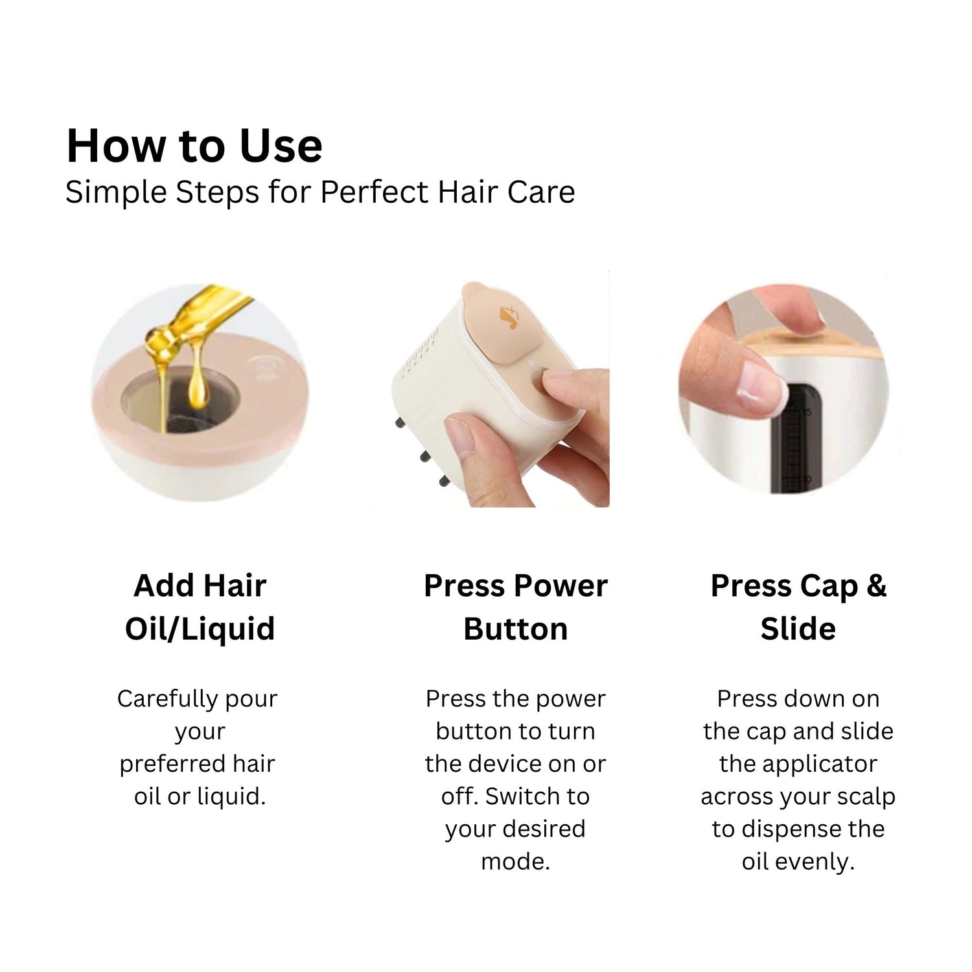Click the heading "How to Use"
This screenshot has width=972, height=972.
coord(194,146)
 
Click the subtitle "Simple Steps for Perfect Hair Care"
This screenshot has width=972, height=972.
coord(320,192)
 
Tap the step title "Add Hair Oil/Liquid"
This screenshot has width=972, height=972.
coord(200,607)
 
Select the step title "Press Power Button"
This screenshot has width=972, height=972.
coord(515,607)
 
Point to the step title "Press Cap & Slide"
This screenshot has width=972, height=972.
coord(798,607)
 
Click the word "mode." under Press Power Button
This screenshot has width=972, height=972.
coord(515,862)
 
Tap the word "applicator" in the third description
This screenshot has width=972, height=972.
coord(798,764)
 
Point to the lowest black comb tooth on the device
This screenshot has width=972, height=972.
coord(445,481)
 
